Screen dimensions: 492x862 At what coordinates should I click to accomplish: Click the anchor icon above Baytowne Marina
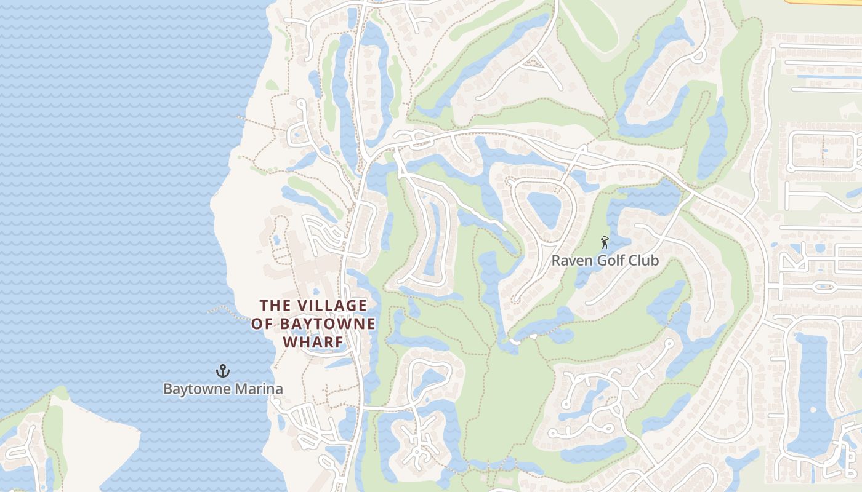pyautogui.click(x=223, y=371)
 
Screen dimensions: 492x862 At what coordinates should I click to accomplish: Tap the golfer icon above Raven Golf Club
pyautogui.click(x=605, y=242)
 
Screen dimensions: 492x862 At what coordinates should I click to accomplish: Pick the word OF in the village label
pyautogui.click(x=262, y=324)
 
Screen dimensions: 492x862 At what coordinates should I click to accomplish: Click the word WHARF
pyautogui.click(x=313, y=342)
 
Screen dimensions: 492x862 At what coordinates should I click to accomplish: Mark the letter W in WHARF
pyautogui.click(x=290, y=342)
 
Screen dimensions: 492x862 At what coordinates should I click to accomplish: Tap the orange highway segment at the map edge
pyautogui.click(x=825, y=2)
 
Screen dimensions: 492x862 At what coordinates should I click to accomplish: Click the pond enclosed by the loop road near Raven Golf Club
pyautogui.click(x=544, y=209)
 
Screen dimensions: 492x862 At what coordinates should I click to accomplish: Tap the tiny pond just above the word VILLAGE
pyautogui.click(x=316, y=292)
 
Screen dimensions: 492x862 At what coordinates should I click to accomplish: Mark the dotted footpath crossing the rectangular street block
pyautogui.click(x=823, y=151)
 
